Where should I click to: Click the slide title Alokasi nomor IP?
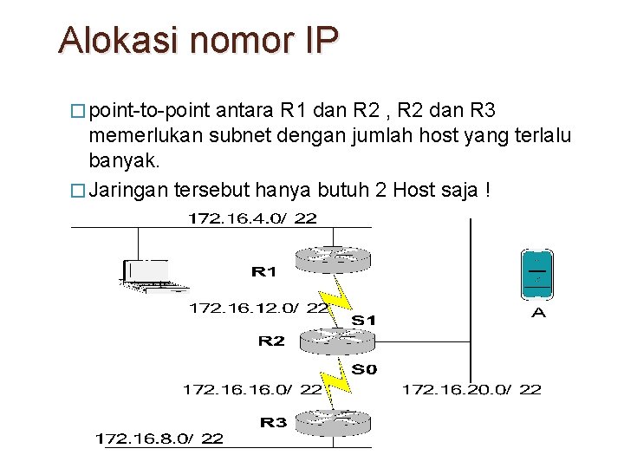198,40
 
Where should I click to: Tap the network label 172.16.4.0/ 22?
252,218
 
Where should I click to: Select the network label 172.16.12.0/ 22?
258,308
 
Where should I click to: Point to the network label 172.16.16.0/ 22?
251,390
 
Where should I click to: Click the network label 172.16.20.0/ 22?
471,390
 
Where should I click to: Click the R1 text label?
263,272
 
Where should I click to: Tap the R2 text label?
271,341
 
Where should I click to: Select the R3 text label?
273,423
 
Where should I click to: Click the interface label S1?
364,321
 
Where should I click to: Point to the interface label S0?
364,370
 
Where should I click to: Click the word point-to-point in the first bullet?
149,111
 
